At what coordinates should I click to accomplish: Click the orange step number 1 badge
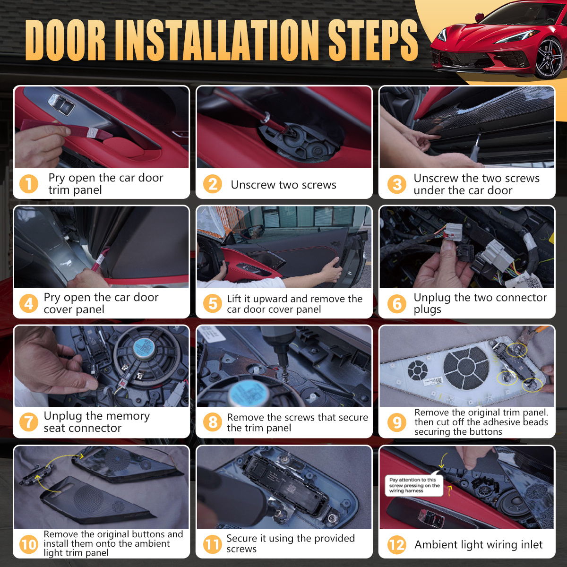tap(28, 184)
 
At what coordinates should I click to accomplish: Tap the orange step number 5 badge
tap(212, 303)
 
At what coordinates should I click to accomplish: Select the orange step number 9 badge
tap(396, 422)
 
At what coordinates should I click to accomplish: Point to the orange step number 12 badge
tap(396, 544)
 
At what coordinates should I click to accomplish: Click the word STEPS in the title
tap(373, 40)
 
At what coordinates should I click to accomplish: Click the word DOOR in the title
tap(66, 40)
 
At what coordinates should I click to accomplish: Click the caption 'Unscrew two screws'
tap(283, 185)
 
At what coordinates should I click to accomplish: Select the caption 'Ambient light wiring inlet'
tap(479, 545)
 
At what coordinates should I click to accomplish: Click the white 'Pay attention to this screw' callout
tap(414, 485)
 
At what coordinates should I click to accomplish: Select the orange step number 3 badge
tap(396, 184)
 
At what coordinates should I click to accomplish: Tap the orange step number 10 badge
tap(28, 544)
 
